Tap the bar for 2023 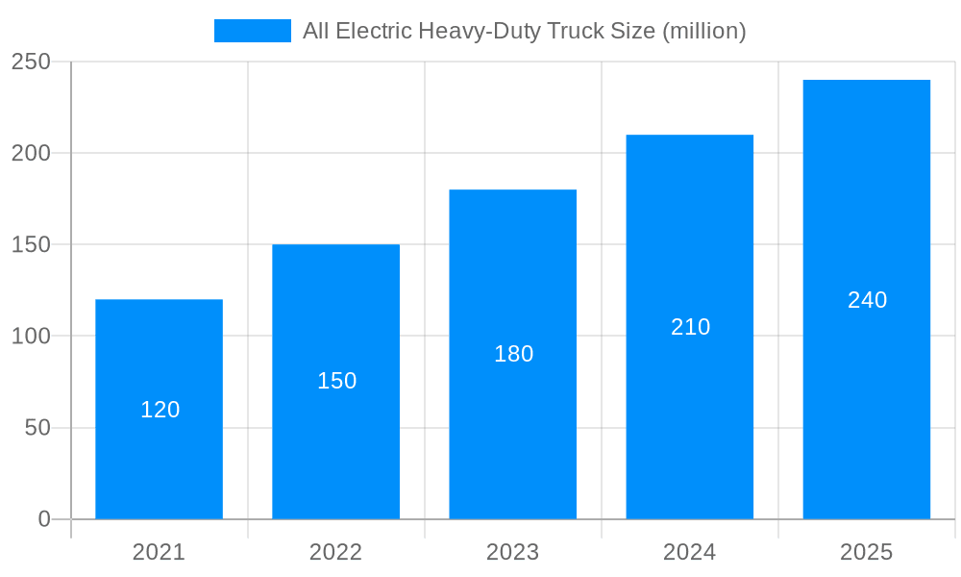[x=512, y=433]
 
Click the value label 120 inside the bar [x=160, y=410]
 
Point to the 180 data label [x=513, y=354]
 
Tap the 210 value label [x=690, y=327]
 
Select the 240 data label [x=867, y=300]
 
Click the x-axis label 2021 [x=159, y=552]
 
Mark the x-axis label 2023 [x=512, y=552]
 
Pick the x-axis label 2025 [x=866, y=552]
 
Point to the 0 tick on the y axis [x=44, y=519]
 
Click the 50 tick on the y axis [x=37, y=428]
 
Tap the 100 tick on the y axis [x=31, y=337]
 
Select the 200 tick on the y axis [x=31, y=153]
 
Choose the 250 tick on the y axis [x=31, y=62]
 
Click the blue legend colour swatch [x=252, y=31]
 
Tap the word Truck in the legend [x=573, y=31]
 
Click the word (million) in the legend [x=703, y=31]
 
